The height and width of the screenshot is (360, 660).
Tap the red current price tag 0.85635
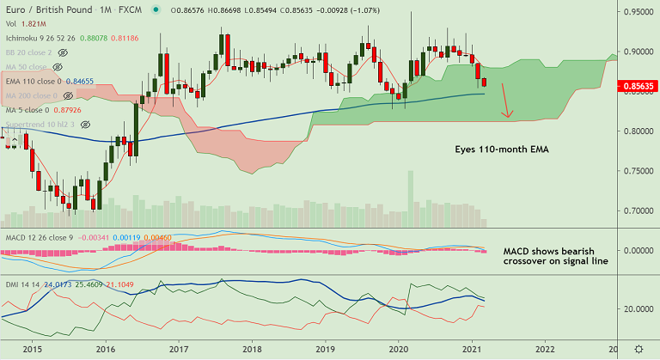click(x=637, y=87)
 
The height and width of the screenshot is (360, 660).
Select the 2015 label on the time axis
click(x=32, y=350)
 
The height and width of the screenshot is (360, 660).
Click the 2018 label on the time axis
click(x=252, y=350)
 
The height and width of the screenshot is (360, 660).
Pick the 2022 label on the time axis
click(x=544, y=350)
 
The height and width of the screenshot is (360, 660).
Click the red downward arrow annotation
click(x=506, y=101)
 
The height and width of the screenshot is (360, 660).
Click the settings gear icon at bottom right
click(x=639, y=350)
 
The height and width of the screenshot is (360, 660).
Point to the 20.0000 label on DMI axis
click(x=637, y=308)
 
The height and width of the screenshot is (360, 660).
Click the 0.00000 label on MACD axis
click(x=637, y=250)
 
